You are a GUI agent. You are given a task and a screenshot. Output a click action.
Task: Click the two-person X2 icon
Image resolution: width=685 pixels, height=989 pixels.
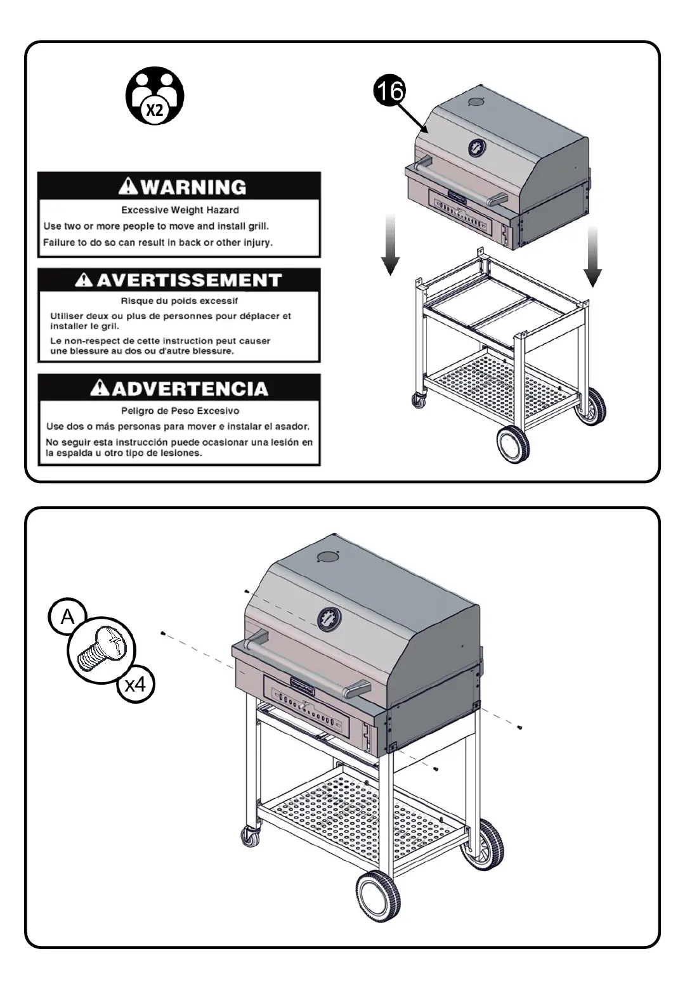coord(155,96)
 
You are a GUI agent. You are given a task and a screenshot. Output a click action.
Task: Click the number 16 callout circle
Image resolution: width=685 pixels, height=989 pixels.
coord(388,91)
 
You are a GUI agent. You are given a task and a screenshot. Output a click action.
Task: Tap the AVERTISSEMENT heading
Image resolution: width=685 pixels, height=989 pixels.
coord(188,280)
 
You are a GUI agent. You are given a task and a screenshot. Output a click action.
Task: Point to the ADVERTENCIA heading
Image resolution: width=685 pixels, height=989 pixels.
coord(188,388)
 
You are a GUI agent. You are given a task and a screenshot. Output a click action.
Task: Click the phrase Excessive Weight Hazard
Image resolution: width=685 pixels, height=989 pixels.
coord(180,210)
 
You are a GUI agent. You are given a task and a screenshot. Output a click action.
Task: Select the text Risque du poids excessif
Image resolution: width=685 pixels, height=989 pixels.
coord(179,301)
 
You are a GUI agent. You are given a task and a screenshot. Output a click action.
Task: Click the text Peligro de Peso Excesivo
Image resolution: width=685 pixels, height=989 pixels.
coord(180,411)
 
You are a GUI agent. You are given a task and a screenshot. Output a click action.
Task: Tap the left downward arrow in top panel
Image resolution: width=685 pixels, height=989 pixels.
coord(391,244)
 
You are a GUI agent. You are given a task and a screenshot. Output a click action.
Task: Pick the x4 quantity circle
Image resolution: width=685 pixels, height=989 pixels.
coord(136,685)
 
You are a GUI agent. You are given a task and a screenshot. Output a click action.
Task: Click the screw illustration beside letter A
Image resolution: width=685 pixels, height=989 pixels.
coord(102,650)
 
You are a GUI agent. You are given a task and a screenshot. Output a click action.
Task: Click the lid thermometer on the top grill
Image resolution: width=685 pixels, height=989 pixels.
coord(477,148)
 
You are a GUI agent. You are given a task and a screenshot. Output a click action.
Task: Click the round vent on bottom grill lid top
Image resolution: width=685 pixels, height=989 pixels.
coord(328,557)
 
